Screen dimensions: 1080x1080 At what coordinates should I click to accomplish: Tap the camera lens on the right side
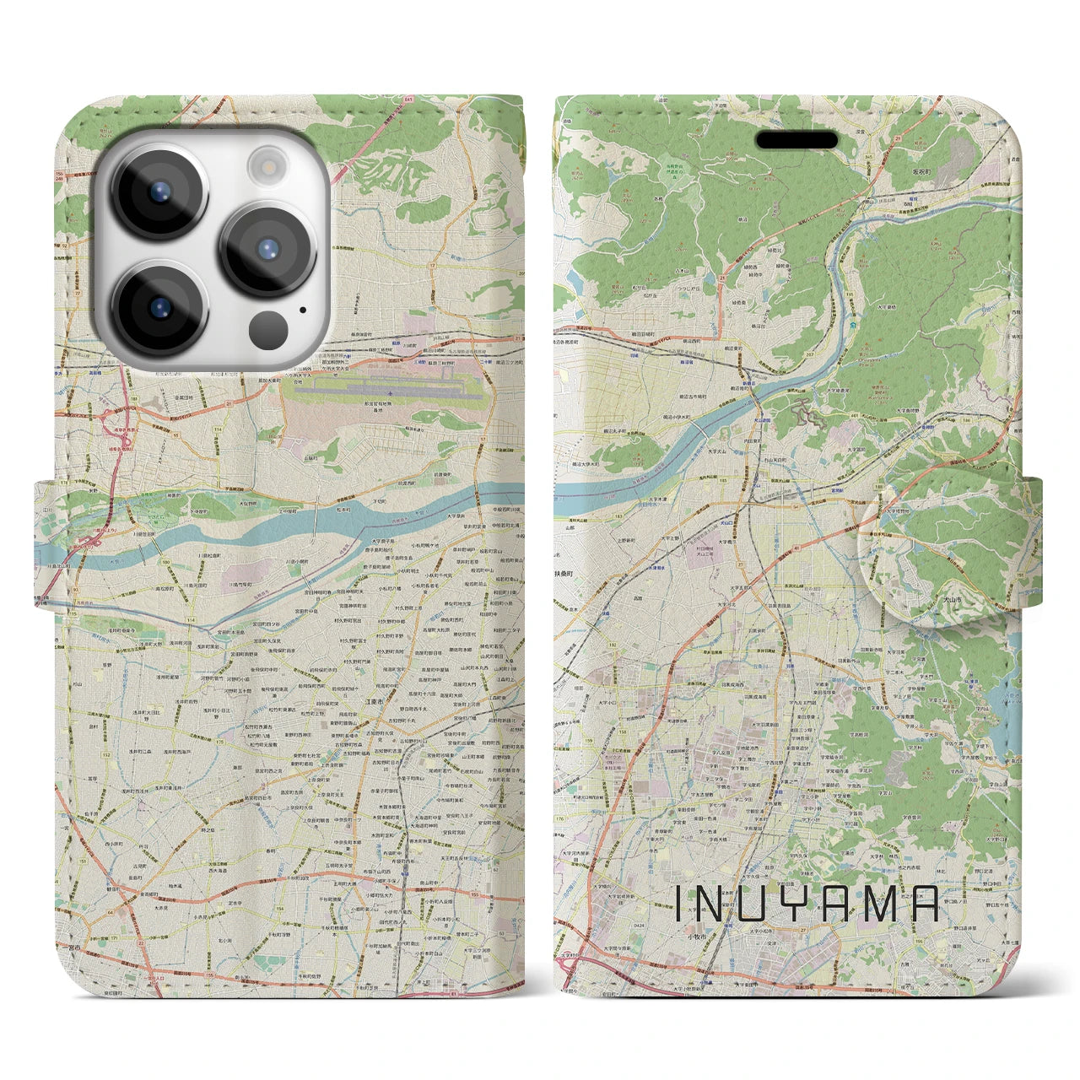click(x=268, y=249)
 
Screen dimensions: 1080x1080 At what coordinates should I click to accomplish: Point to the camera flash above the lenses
click(x=268, y=163)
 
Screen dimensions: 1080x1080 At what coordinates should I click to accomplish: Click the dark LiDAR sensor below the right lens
click(x=269, y=327)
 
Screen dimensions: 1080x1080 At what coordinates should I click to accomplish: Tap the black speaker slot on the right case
click(x=796, y=140)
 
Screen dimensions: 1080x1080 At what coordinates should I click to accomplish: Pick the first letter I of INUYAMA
click(x=679, y=904)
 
